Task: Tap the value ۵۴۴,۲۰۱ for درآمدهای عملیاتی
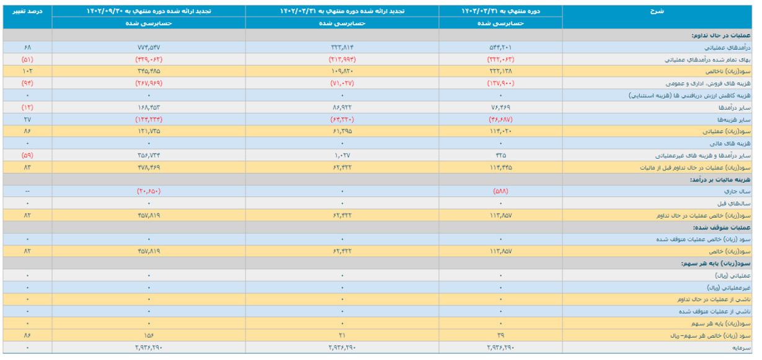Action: pos(501,47)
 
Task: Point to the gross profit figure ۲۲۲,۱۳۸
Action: pos(501,71)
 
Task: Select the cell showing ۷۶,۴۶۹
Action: pos(501,107)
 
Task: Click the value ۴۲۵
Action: pos(501,156)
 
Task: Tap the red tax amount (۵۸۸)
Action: pos(501,191)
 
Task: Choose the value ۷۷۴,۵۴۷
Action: pos(149,47)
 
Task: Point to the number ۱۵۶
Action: pos(149,335)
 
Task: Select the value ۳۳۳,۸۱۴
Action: pos(342,47)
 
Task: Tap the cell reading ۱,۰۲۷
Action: pos(342,156)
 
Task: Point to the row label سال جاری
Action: pos(740,191)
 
